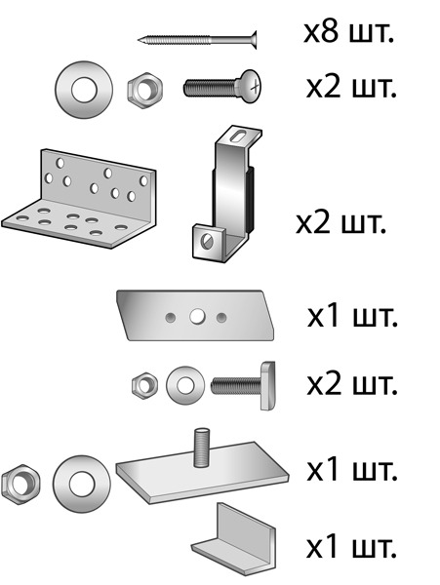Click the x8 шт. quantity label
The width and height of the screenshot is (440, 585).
[x=348, y=32]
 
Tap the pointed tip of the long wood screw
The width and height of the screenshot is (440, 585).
[x=139, y=39]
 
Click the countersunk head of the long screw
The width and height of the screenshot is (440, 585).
[x=252, y=40]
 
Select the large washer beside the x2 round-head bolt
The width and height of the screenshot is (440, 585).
[x=84, y=90]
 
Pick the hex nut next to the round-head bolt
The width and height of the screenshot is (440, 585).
[x=144, y=91]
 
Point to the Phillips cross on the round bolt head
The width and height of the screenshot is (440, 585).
[x=256, y=88]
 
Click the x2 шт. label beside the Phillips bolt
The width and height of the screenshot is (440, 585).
[x=351, y=88]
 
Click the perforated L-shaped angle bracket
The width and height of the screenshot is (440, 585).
[x=79, y=199]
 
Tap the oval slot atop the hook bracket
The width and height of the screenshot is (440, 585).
[x=238, y=136]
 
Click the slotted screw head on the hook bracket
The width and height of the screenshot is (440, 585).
[x=207, y=241]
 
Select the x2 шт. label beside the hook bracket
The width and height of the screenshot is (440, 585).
[x=340, y=223]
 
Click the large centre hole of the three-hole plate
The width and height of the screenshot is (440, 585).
[x=197, y=317]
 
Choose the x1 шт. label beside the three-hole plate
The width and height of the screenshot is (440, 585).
[x=352, y=316]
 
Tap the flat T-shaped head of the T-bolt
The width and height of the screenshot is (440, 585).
[x=267, y=386]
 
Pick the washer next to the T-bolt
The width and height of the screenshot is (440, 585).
[x=185, y=385]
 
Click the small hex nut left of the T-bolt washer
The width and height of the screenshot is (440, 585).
[x=144, y=385]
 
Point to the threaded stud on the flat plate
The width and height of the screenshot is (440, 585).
[x=201, y=448]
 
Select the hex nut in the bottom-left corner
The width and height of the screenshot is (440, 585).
[x=20, y=485]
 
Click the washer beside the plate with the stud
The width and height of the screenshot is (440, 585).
[x=81, y=484]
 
